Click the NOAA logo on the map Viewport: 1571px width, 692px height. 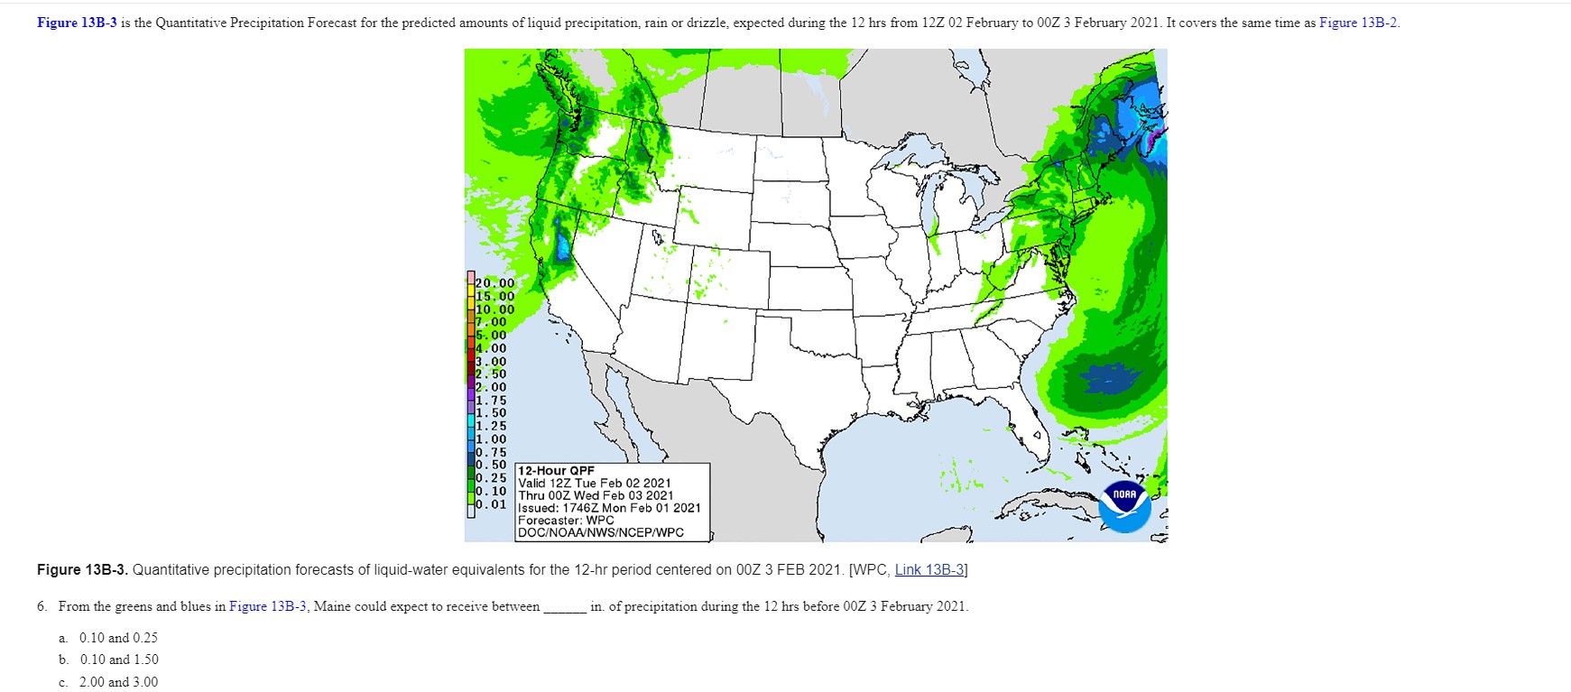tap(1125, 506)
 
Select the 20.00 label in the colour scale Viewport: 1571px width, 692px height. tap(494, 283)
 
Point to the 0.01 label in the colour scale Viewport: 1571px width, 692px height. tap(492, 504)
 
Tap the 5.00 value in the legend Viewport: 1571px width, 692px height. tap(492, 335)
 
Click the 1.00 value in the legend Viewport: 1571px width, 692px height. tap(492, 439)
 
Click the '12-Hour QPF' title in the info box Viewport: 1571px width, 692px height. tap(557, 471)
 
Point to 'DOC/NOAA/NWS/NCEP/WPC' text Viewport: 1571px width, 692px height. tap(601, 533)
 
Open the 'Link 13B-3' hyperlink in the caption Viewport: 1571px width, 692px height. tap(929, 570)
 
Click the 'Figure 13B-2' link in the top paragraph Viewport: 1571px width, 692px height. tap(1358, 23)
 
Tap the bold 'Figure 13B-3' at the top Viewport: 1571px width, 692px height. tap(77, 23)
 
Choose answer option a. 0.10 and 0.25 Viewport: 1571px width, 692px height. tap(118, 638)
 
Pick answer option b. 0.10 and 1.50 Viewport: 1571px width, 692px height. tap(118, 660)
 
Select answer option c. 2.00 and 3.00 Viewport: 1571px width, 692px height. tap(118, 683)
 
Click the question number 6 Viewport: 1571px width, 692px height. tap(42, 607)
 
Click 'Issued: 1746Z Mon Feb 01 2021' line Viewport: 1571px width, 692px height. tap(609, 508)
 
